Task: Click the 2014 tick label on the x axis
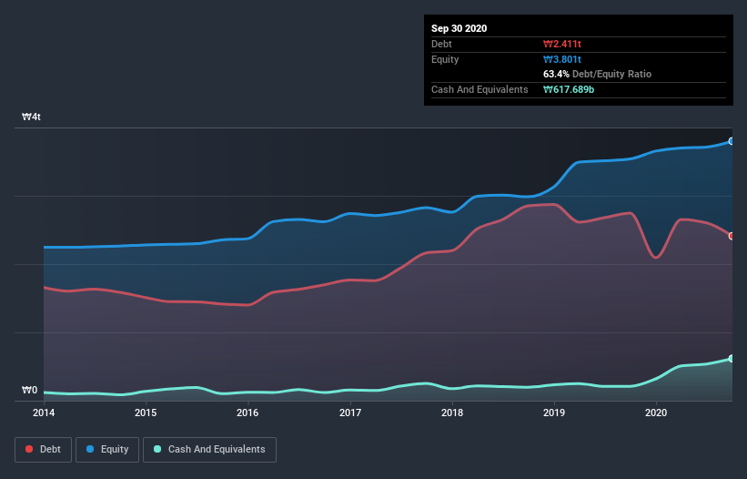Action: click(x=43, y=413)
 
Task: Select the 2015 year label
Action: click(x=145, y=413)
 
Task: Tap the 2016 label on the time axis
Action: click(x=247, y=413)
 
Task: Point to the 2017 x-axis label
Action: click(x=350, y=413)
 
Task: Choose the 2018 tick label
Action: click(x=452, y=413)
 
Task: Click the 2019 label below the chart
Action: click(x=555, y=413)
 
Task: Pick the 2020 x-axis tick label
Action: click(x=657, y=413)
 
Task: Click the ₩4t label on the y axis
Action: click(x=31, y=117)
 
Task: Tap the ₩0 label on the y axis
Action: click(x=30, y=391)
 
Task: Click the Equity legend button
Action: click(x=107, y=449)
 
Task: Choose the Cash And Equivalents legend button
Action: click(x=209, y=449)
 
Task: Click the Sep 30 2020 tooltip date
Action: click(x=459, y=28)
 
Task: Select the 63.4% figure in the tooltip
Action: click(x=554, y=74)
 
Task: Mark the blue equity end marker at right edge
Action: click(x=731, y=141)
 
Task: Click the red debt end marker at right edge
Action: click(x=731, y=236)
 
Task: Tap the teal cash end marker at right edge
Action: click(x=731, y=359)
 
